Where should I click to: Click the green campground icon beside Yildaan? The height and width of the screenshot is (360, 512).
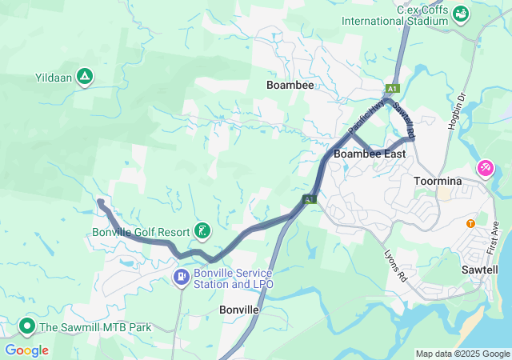pyautogui.click(x=85, y=78)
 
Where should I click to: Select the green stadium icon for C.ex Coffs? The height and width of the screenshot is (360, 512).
pyautogui.click(x=461, y=14)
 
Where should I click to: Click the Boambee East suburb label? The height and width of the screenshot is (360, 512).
pyautogui.click(x=370, y=154)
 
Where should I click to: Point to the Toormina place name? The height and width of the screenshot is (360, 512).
pyautogui.click(x=438, y=182)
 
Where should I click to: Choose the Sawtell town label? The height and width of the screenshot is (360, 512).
pyautogui.click(x=480, y=270)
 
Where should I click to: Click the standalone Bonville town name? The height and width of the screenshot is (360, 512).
pyautogui.click(x=238, y=309)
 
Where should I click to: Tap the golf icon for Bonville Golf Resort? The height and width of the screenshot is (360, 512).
pyautogui.click(x=202, y=232)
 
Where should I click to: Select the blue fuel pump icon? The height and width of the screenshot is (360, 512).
pyautogui.click(x=182, y=278)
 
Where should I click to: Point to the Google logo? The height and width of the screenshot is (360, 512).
pyautogui.click(x=26, y=350)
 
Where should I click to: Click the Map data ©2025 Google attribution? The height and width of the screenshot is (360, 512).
pyautogui.click(x=462, y=354)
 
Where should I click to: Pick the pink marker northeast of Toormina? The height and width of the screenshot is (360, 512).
pyautogui.click(x=485, y=169)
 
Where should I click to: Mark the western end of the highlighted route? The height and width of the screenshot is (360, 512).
pyautogui.click(x=100, y=202)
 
